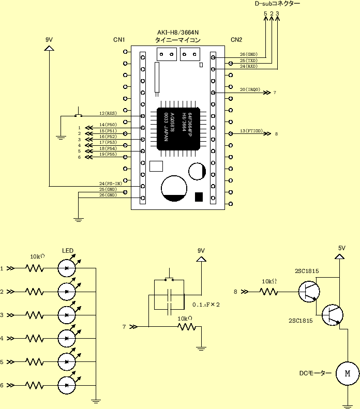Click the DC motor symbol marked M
348,373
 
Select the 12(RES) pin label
108,113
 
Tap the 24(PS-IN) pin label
110,184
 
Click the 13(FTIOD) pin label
251,131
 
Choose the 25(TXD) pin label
248,60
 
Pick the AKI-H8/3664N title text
177,32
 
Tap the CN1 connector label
119,40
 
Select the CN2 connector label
236,40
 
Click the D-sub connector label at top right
277,4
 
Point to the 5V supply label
341,248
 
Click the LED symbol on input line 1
67,268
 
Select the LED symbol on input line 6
67,385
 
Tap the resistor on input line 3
34,315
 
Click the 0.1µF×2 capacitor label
206,305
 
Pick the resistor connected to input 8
269,292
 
